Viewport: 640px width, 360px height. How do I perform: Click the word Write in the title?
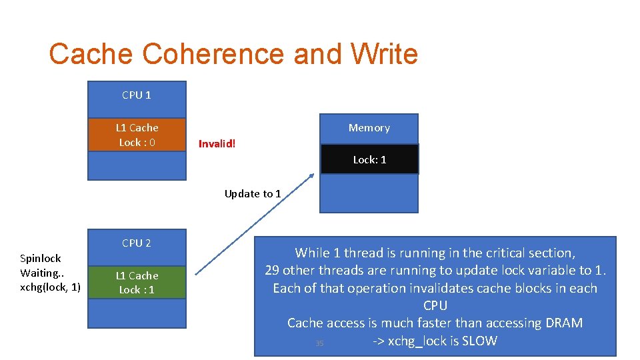point(378,54)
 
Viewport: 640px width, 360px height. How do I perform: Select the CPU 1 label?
point(137,95)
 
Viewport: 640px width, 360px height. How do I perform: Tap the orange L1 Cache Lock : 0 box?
point(137,135)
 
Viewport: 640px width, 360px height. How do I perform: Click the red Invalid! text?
point(217,144)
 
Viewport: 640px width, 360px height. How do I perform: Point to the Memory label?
point(369,127)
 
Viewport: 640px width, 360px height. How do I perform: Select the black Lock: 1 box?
point(369,160)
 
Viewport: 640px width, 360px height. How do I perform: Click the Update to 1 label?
point(253,194)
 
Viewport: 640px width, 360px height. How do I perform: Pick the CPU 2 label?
point(137,243)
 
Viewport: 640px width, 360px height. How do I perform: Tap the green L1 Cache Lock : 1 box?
point(137,283)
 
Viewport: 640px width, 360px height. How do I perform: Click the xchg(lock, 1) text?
point(51,287)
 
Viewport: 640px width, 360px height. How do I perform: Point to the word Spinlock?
point(41,258)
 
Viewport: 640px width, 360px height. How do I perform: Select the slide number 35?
point(319,343)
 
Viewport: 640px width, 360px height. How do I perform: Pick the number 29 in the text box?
point(272,271)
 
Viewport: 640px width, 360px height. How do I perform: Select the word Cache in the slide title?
point(92,54)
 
